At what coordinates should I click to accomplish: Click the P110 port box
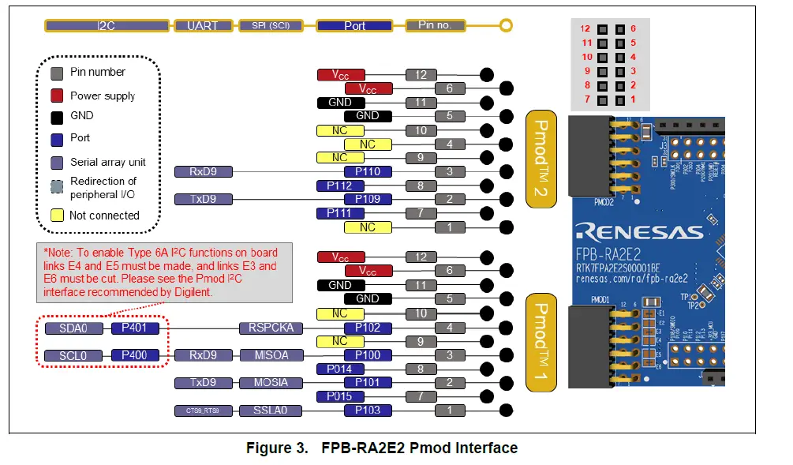point(368,172)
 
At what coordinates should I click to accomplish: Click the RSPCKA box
point(271,328)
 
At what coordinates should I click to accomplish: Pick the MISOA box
point(271,355)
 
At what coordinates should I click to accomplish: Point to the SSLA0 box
point(271,411)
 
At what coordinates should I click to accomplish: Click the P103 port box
point(368,411)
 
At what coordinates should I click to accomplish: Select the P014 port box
point(339,369)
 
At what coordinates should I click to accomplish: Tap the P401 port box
point(135,328)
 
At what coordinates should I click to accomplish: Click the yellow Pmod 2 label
point(542,159)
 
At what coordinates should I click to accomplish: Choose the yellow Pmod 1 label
point(542,342)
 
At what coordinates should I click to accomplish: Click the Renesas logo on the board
point(639,231)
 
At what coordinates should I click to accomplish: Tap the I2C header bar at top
point(107,25)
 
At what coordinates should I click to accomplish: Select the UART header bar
point(202,25)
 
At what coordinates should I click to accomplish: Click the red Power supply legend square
point(57,96)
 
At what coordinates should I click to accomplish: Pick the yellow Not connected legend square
point(57,215)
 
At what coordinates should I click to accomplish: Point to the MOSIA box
point(271,383)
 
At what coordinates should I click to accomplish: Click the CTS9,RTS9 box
point(203,411)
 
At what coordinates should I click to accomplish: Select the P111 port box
point(339,213)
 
